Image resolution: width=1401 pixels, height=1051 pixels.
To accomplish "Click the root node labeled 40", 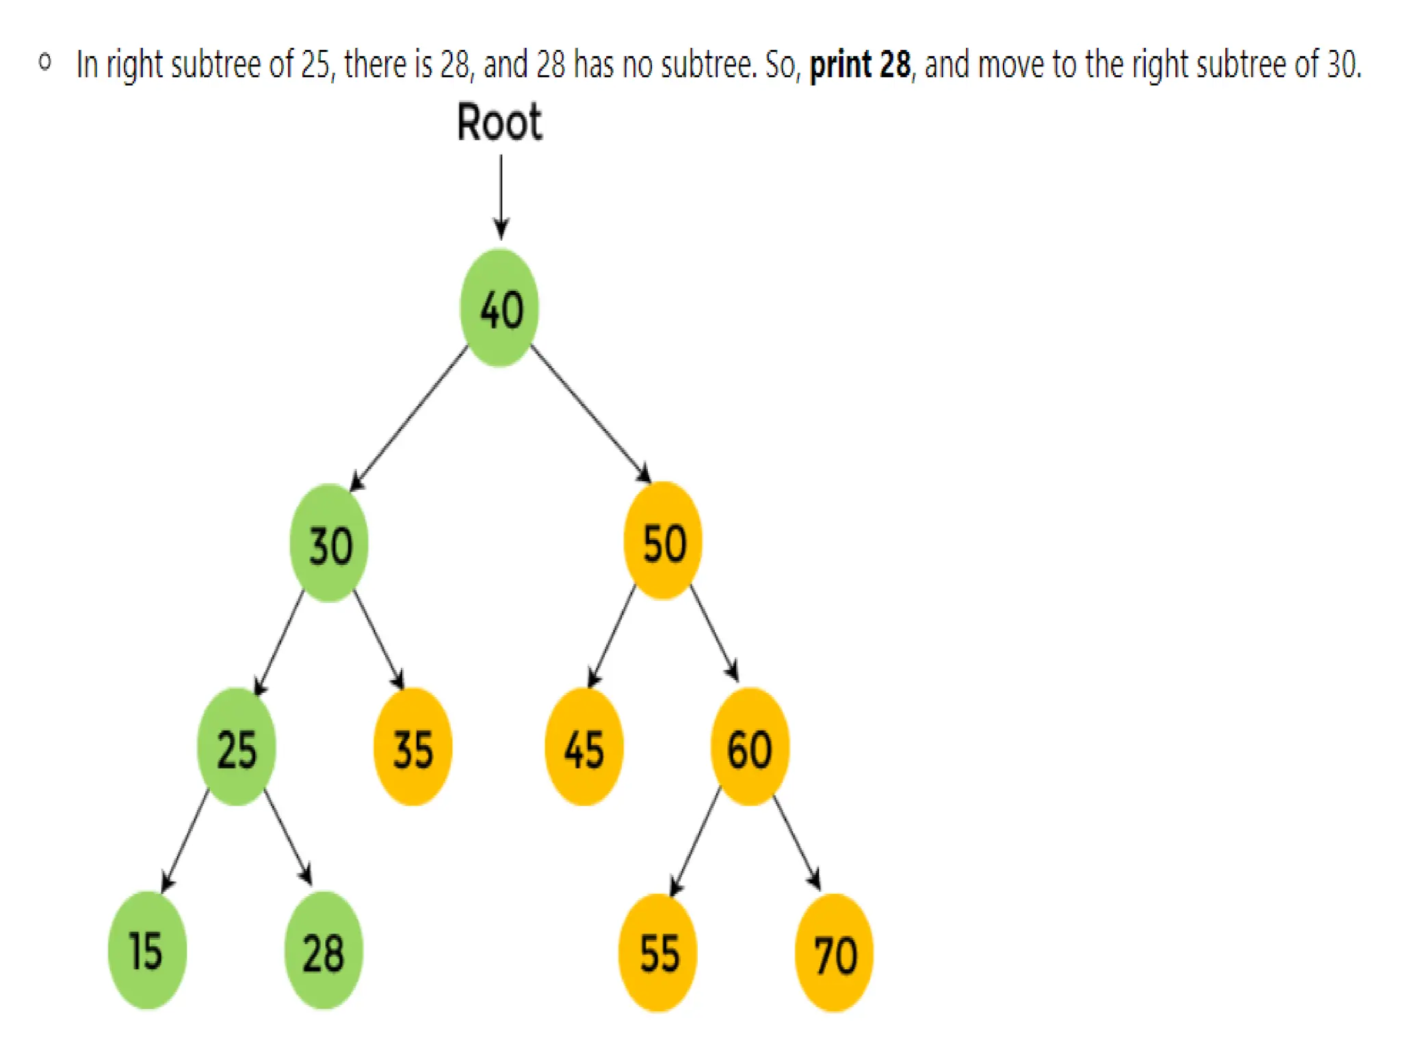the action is (x=499, y=308).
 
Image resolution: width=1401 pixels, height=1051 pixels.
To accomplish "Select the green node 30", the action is (x=329, y=543).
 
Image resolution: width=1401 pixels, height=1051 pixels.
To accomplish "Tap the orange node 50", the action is (x=663, y=541).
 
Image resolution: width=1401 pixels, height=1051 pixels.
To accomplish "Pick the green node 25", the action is (x=237, y=747).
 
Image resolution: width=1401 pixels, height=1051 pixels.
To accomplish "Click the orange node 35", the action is (x=413, y=747).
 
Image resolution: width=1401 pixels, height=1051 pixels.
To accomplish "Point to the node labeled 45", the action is (x=584, y=747).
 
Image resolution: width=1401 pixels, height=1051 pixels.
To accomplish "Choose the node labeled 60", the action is (x=750, y=747).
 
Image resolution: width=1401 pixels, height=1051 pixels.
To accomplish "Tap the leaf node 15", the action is (x=147, y=950).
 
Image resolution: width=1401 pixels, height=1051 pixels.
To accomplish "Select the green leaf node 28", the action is (x=324, y=950).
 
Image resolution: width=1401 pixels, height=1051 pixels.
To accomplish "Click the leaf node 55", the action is (x=658, y=952).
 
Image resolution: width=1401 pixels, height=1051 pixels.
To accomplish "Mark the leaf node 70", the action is (x=834, y=952).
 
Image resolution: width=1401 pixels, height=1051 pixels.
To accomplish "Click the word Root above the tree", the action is (x=499, y=123).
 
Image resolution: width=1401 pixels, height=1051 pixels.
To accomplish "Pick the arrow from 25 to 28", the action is (x=288, y=836).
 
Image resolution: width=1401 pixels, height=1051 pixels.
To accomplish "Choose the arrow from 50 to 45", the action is (x=612, y=636).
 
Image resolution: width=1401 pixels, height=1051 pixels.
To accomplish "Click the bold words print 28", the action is (x=860, y=66).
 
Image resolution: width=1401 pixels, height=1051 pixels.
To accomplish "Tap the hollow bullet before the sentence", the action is (x=45, y=63).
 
